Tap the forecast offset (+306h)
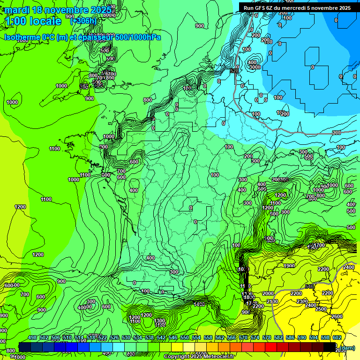pos(83,21)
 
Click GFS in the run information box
pos(265,8)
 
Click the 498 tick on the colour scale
pos(32,338)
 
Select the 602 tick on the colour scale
pos(337,338)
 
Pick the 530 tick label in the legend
pos(126,338)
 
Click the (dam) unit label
pos(347,348)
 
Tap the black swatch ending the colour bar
pos(330,347)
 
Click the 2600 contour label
pos(337,316)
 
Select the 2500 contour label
pos(321,309)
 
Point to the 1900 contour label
pos(289,266)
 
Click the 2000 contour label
pos(268,293)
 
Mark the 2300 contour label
pos(302,301)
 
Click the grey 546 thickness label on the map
pos(309,286)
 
